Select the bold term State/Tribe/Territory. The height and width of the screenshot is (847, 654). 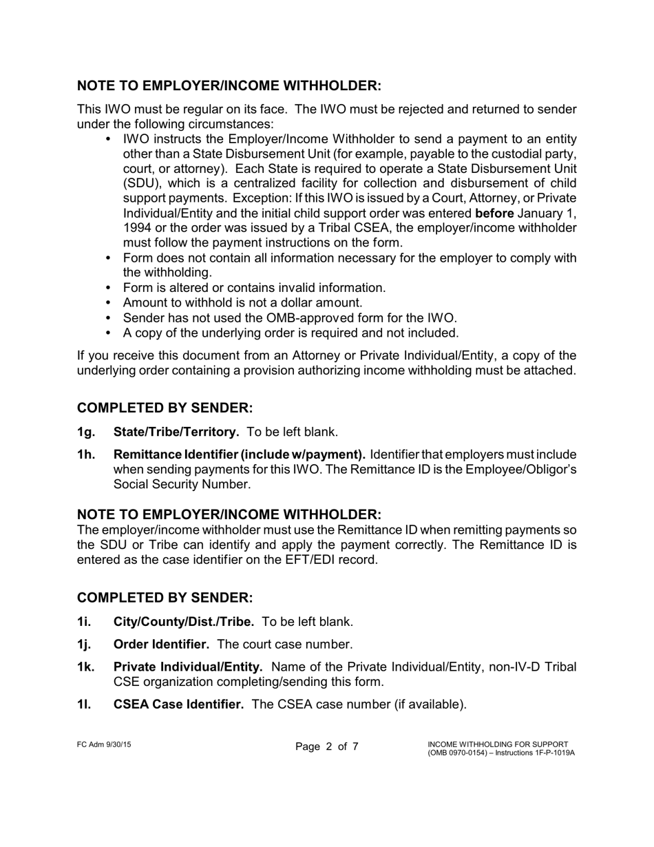coord(176,432)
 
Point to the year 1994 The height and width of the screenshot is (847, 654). coord(136,228)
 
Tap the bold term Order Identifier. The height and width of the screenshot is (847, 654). coord(161,645)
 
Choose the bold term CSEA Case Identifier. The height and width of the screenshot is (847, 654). coord(178,704)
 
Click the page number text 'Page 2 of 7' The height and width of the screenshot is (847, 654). coord(327,747)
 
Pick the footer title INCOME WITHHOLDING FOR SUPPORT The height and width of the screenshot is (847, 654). coord(498,744)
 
